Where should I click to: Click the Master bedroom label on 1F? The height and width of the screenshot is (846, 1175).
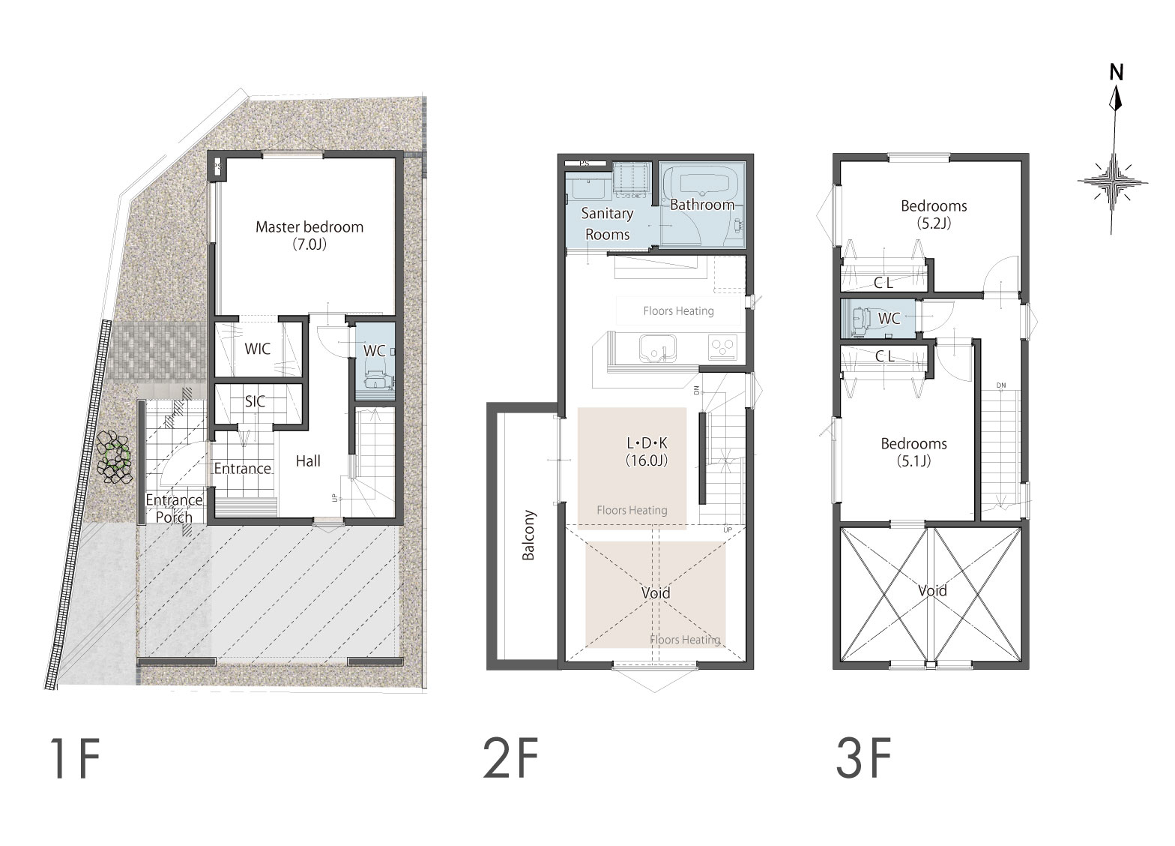tap(309, 235)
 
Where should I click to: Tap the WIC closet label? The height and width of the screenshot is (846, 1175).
tap(258, 349)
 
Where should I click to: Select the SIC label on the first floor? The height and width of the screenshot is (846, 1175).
tap(255, 402)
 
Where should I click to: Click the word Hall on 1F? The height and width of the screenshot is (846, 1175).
tap(308, 461)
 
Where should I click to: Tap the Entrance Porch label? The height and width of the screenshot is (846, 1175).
tap(174, 508)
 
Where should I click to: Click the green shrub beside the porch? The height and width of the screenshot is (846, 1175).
tap(116, 456)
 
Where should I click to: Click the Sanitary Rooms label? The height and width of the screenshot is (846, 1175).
tap(607, 223)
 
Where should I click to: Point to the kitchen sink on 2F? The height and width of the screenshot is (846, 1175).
tap(657, 349)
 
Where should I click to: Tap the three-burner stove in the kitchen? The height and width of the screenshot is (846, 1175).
tap(723, 347)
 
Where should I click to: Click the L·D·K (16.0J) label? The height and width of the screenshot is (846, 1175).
tap(647, 451)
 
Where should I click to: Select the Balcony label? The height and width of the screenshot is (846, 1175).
tap(528, 535)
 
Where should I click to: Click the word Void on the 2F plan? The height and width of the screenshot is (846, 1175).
tap(656, 593)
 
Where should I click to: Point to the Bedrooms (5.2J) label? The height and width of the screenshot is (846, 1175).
tap(934, 214)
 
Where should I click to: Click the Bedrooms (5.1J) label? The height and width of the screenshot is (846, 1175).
tap(913, 452)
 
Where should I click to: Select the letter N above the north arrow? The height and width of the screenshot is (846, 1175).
tap(1117, 73)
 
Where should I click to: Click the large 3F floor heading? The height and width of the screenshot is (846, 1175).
tap(863, 759)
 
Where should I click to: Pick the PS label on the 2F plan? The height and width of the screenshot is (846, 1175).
tap(585, 163)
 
